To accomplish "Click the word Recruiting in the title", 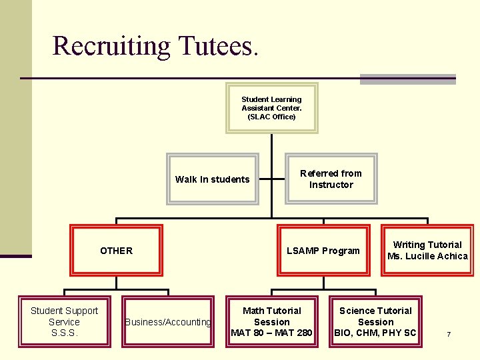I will (112, 45).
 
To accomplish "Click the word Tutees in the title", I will (215, 45).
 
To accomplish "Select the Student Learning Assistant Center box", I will (271, 108).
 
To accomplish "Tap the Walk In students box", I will (212, 179).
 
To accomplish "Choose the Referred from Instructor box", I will (331, 179).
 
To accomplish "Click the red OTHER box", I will (116, 251).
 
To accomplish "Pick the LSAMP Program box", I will (323, 251).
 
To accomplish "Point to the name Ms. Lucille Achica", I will (427, 256).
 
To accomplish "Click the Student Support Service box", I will (64, 321).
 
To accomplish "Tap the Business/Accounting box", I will (168, 322).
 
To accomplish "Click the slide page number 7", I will (449, 333).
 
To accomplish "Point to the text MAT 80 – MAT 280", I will (271, 333).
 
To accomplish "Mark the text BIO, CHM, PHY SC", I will (375, 333).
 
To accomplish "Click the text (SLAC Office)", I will (271, 117).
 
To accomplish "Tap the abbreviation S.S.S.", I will (64, 333).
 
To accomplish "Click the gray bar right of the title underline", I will (407, 79).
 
